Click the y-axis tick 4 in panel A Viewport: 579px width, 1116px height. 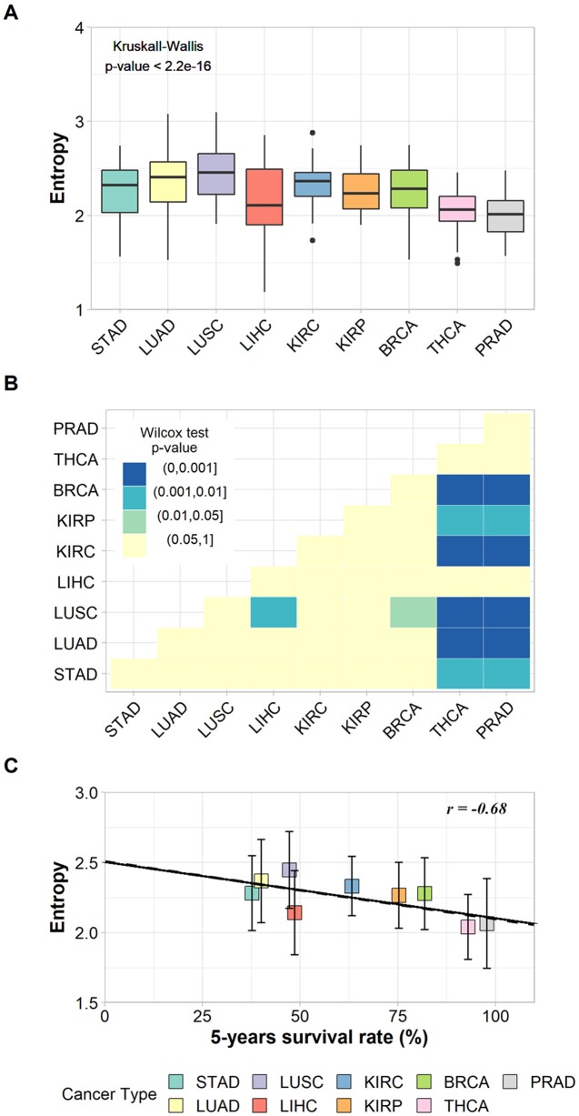click(x=80, y=28)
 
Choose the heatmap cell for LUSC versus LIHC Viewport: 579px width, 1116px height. click(x=273, y=611)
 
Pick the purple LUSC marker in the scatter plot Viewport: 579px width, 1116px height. click(x=290, y=870)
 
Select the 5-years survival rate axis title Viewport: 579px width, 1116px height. click(x=316, y=1036)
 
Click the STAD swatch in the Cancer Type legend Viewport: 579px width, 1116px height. click(x=179, y=1081)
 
